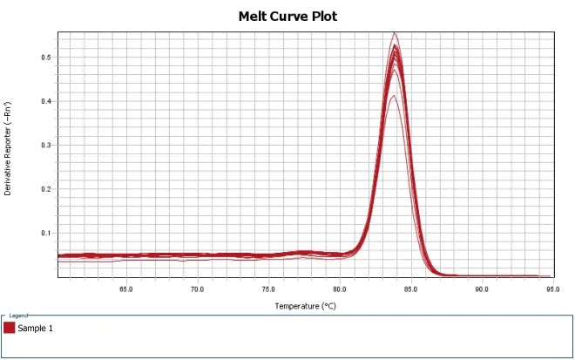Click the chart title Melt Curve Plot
click(287, 17)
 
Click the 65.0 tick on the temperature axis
click(125, 289)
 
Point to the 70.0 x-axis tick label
click(197, 289)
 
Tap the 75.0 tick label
click(267, 289)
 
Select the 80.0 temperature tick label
click(339, 289)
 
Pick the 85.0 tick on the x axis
click(409, 289)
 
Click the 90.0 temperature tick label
click(481, 289)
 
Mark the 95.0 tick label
click(551, 289)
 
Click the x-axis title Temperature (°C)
click(305, 306)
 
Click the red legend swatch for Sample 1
click(10, 328)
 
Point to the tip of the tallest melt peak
click(395, 33)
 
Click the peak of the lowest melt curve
click(394, 96)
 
